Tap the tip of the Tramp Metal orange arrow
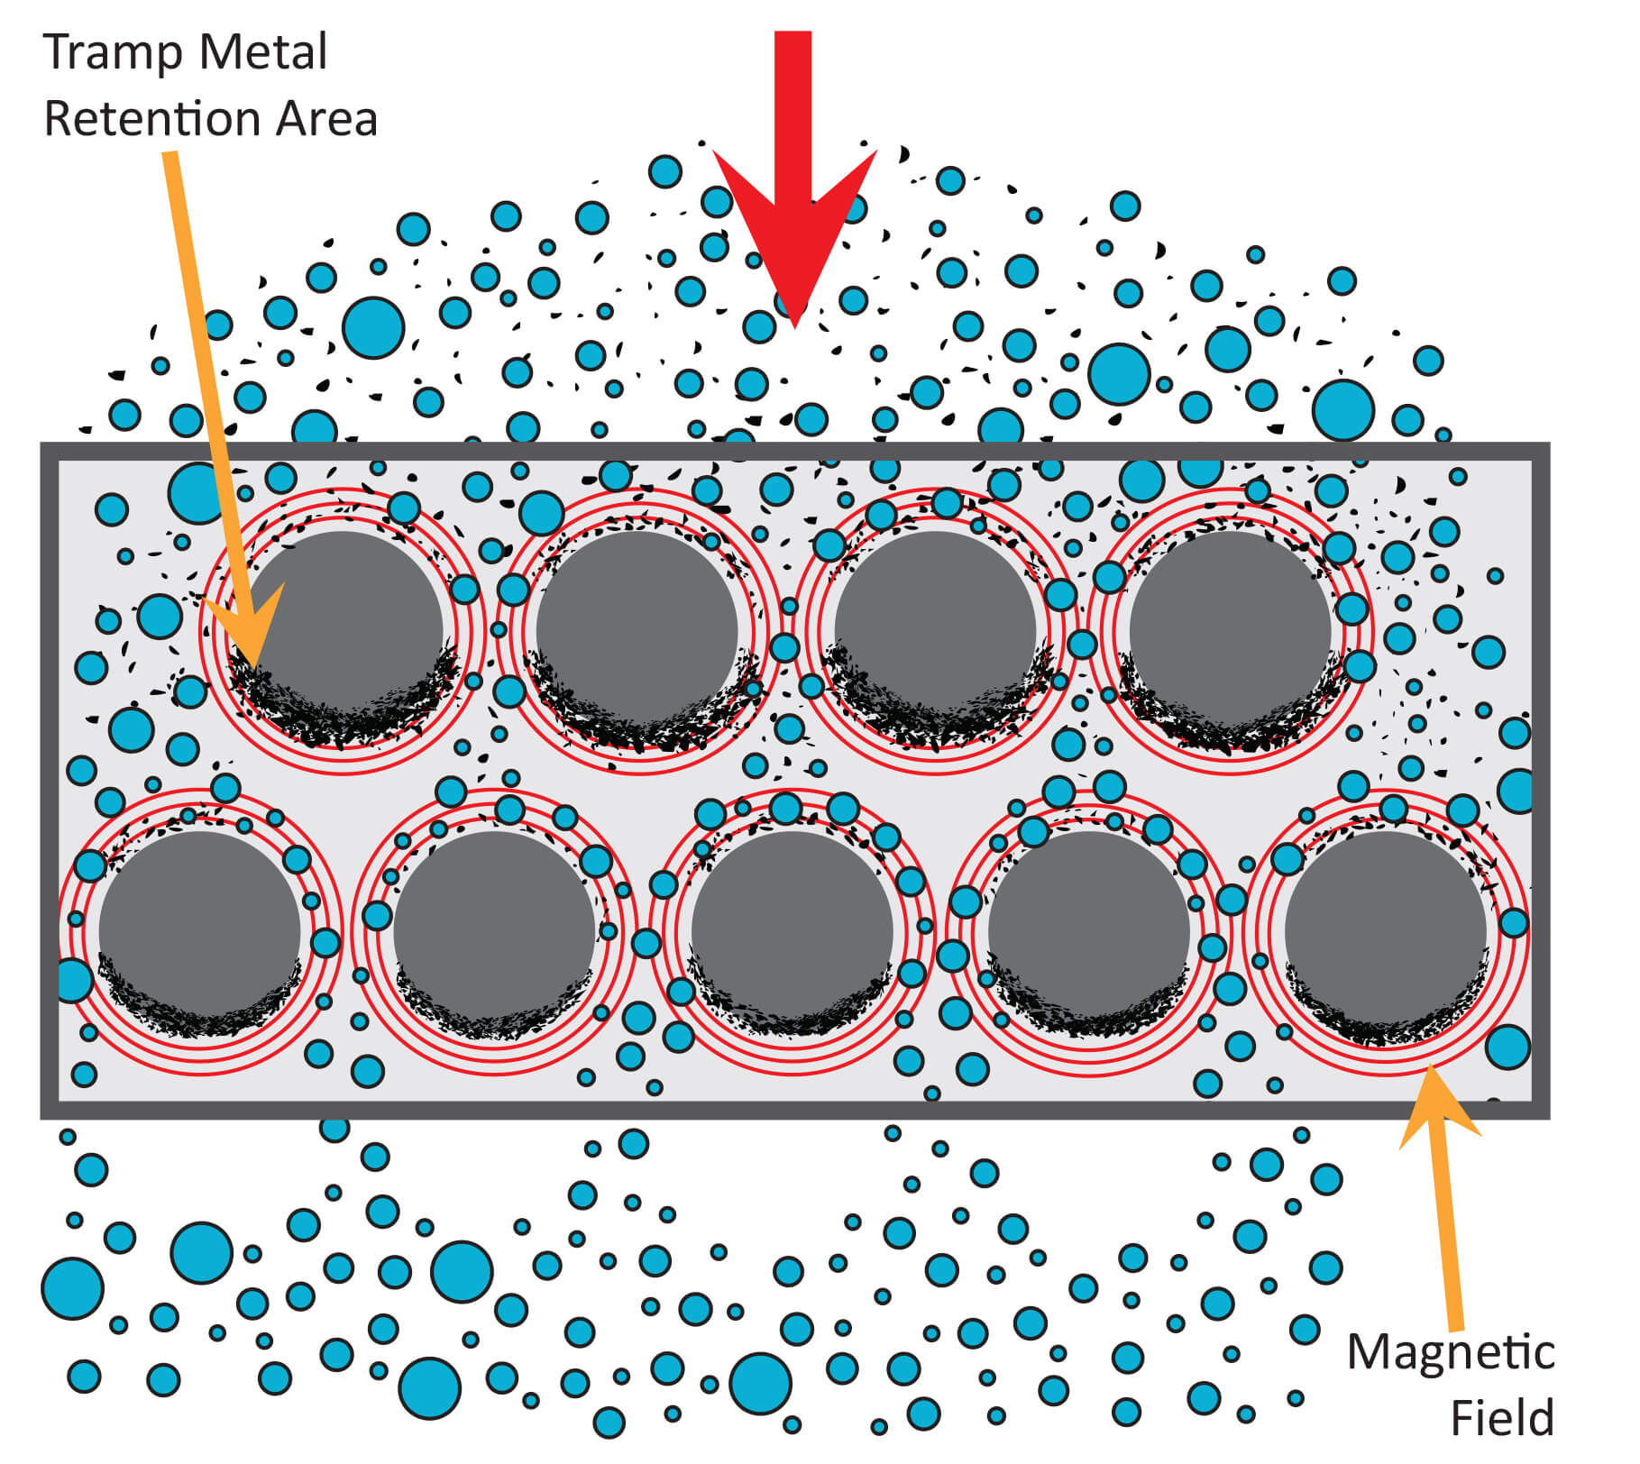coord(255,668)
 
